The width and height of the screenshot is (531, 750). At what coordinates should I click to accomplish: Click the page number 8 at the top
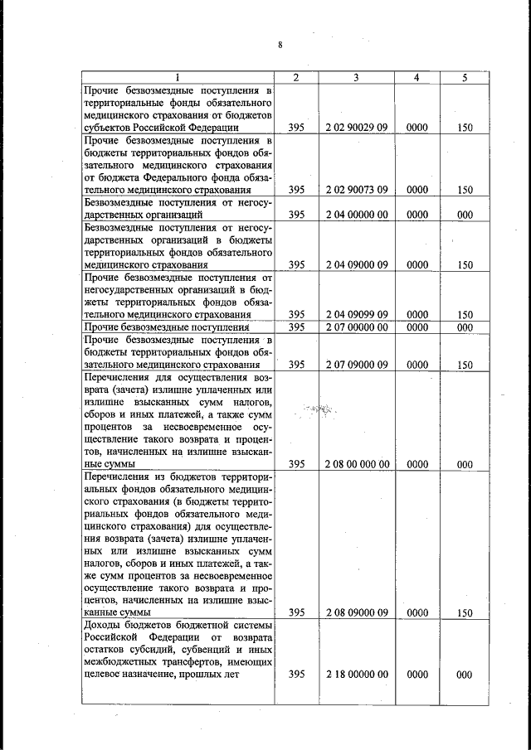[x=280, y=45]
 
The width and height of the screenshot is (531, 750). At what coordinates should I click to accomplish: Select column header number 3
[x=356, y=77]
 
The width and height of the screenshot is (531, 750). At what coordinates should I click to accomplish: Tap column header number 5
[x=465, y=77]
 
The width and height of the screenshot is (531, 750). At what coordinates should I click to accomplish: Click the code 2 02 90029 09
[x=357, y=128]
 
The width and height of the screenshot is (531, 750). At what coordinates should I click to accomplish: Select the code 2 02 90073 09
[x=357, y=190]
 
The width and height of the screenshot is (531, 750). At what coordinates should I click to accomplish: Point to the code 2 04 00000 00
[x=357, y=215]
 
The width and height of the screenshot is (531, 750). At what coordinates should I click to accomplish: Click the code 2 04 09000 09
[x=357, y=265]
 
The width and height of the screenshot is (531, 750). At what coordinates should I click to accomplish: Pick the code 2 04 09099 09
[x=357, y=315]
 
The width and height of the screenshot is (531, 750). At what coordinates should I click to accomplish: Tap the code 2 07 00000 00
[x=357, y=327]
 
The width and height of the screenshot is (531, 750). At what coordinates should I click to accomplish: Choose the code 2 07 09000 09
[x=357, y=365]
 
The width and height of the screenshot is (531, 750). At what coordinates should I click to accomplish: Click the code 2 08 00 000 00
[x=357, y=465]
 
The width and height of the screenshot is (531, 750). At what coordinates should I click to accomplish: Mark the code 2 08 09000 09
[x=357, y=613]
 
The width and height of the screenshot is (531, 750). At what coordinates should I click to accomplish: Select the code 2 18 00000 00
[x=357, y=675]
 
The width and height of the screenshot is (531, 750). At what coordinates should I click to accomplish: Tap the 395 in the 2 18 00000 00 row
[x=296, y=675]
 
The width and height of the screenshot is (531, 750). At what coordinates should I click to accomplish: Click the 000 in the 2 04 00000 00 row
[x=465, y=215]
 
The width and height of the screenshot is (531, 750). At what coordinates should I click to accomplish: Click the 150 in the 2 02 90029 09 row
[x=465, y=128]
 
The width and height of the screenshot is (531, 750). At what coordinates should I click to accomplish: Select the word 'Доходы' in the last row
[x=104, y=622]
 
